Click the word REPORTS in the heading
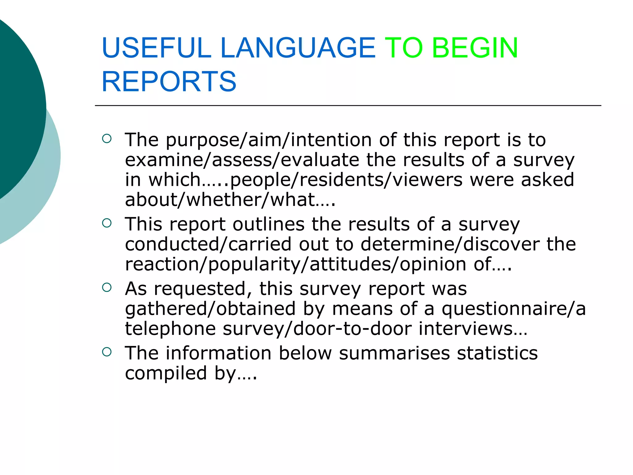pos(169,81)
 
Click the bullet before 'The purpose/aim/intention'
pos(107,139)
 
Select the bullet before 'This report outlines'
pos(107,223)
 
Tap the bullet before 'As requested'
pos(107,288)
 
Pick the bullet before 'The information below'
pos(107,352)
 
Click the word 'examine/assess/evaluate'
pos(242,160)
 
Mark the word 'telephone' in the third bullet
pos(170,328)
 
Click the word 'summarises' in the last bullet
pos(394,353)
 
